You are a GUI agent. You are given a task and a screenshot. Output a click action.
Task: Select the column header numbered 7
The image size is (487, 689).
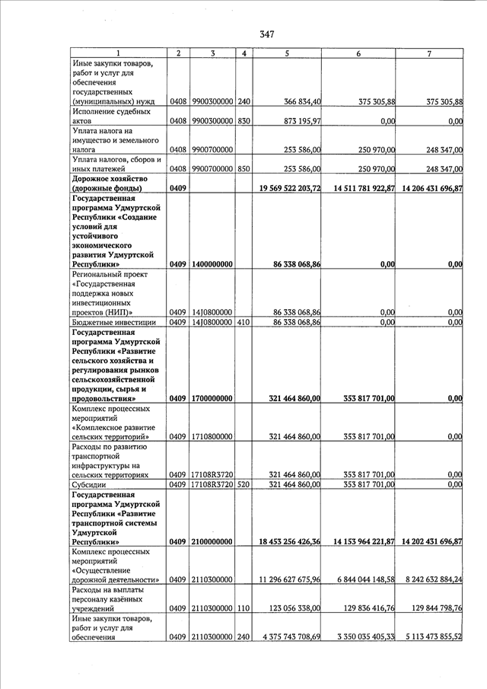point(429,53)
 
